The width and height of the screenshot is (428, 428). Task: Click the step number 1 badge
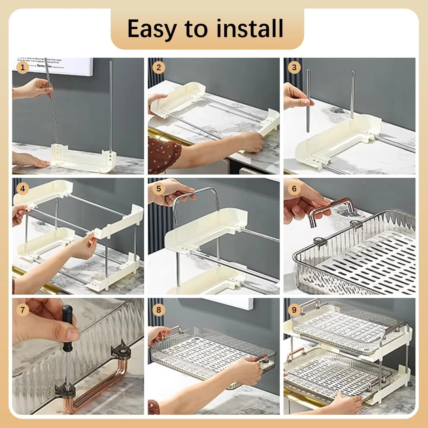(23, 68)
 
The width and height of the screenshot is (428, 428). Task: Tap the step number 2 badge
(159, 68)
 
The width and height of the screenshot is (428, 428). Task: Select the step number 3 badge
(294, 68)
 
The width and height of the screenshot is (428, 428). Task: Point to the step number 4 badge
(23, 189)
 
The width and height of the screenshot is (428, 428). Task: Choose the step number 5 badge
(159, 189)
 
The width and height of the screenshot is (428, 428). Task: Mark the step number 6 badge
(294, 189)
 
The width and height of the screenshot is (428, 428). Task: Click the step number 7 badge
(23, 310)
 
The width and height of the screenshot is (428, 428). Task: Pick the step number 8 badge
(159, 310)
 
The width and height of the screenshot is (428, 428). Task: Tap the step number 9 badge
(294, 310)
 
